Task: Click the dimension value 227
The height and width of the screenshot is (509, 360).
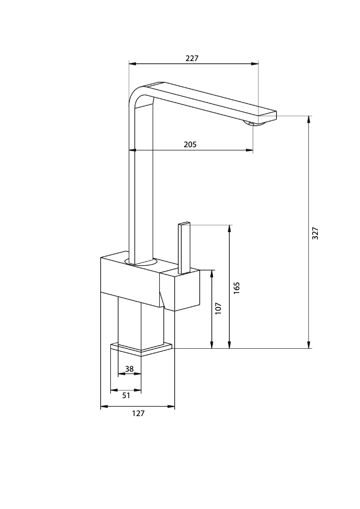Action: (x=192, y=58)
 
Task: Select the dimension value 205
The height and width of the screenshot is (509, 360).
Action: (x=190, y=145)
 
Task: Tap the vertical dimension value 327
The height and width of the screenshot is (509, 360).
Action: (x=315, y=233)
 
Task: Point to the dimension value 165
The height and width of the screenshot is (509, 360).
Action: (x=237, y=288)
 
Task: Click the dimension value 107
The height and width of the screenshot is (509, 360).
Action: (x=218, y=308)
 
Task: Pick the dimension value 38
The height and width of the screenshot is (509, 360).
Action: (x=129, y=369)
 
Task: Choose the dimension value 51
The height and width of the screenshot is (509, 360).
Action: (x=126, y=395)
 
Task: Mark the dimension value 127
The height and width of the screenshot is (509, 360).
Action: (x=138, y=413)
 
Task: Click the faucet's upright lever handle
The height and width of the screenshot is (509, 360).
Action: (x=184, y=247)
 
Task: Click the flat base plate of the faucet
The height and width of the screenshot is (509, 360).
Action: (x=141, y=349)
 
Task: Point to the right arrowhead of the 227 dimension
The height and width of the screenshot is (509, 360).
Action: (x=255, y=64)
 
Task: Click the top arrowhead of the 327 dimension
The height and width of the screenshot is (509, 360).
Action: (x=309, y=119)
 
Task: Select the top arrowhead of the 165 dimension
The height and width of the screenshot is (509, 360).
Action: (x=229, y=228)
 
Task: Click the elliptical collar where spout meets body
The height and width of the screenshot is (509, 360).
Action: (x=141, y=262)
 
